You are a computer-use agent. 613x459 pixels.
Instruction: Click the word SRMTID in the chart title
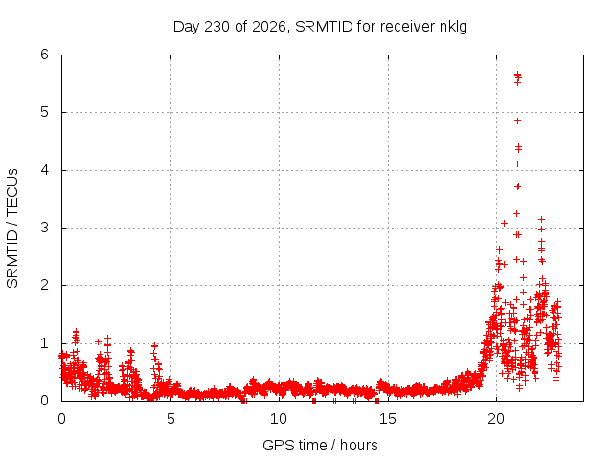[324, 27]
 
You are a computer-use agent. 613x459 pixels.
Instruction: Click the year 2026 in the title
[269, 27]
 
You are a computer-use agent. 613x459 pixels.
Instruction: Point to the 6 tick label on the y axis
[45, 55]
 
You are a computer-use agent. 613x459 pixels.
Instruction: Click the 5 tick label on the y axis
[45, 112]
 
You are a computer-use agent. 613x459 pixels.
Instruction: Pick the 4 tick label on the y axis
[45, 170]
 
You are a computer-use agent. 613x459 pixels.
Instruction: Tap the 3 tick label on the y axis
[45, 228]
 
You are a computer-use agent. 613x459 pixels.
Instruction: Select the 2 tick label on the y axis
[45, 285]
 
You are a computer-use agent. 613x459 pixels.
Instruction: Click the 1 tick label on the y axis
[45, 343]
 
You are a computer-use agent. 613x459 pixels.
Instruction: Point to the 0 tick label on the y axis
[45, 401]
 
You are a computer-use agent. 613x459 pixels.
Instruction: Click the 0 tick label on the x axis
[61, 419]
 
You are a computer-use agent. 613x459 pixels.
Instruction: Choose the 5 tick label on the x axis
[170, 419]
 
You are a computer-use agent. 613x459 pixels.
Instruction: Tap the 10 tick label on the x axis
[279, 419]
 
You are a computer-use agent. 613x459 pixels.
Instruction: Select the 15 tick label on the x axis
[388, 419]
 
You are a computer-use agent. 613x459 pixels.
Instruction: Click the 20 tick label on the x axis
[496, 419]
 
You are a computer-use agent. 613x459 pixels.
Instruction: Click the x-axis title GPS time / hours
[320, 446]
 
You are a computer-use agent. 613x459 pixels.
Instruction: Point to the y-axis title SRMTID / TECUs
[12, 229]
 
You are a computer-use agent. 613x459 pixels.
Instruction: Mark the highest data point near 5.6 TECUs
[517, 74]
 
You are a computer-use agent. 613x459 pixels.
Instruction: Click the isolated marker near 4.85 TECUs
[517, 121]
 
